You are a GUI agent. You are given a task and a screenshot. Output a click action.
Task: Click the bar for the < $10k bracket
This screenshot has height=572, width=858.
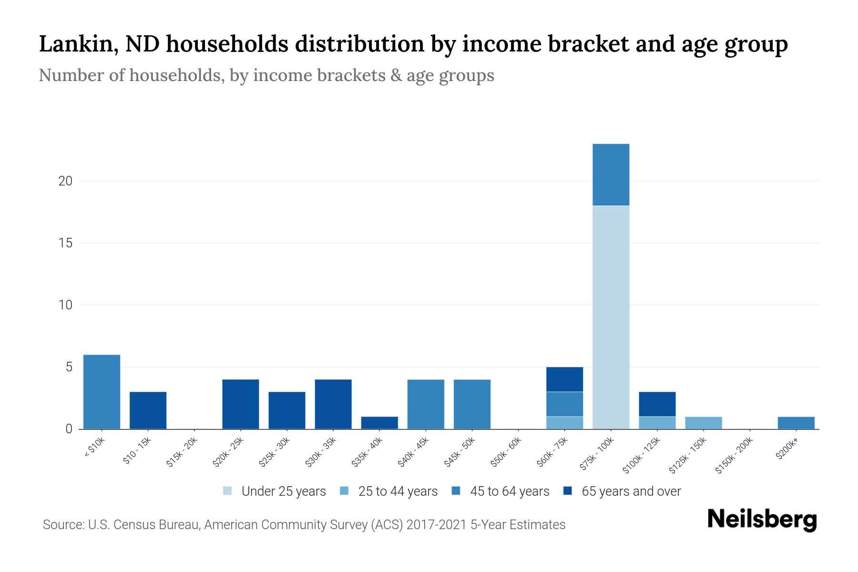(x=102, y=392)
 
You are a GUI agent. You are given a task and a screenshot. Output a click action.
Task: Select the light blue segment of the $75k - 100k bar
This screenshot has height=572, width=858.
(x=611, y=317)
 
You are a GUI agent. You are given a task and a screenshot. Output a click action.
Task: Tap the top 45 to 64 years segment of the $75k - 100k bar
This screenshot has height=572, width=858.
(x=611, y=174)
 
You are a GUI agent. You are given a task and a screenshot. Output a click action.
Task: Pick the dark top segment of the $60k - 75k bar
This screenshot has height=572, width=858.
(x=564, y=379)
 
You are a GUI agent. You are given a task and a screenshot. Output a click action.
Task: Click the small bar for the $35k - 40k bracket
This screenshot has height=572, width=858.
(x=379, y=423)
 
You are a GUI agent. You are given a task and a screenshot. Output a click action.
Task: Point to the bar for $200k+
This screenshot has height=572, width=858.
(x=796, y=423)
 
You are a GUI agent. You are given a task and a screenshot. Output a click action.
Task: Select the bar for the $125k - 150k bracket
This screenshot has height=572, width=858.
(x=703, y=423)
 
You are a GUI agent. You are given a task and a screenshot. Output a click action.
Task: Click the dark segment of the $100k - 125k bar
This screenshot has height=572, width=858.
(x=657, y=404)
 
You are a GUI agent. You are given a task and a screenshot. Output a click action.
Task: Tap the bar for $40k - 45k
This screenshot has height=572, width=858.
(x=426, y=404)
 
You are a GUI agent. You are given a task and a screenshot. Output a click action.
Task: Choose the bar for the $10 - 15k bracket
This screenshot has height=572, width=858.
(x=148, y=410)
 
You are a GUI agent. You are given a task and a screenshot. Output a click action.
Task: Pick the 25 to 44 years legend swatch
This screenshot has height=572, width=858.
(x=344, y=491)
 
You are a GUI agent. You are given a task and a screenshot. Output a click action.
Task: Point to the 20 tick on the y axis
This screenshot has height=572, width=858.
(x=66, y=181)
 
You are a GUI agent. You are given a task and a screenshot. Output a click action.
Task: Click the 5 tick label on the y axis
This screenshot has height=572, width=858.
(x=69, y=367)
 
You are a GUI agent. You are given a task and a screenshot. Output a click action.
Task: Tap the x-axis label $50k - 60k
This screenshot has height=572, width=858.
(x=507, y=453)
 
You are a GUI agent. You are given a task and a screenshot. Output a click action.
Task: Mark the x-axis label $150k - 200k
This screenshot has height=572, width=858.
(x=735, y=456)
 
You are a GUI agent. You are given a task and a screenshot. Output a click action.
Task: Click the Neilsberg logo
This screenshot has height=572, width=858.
(x=762, y=520)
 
